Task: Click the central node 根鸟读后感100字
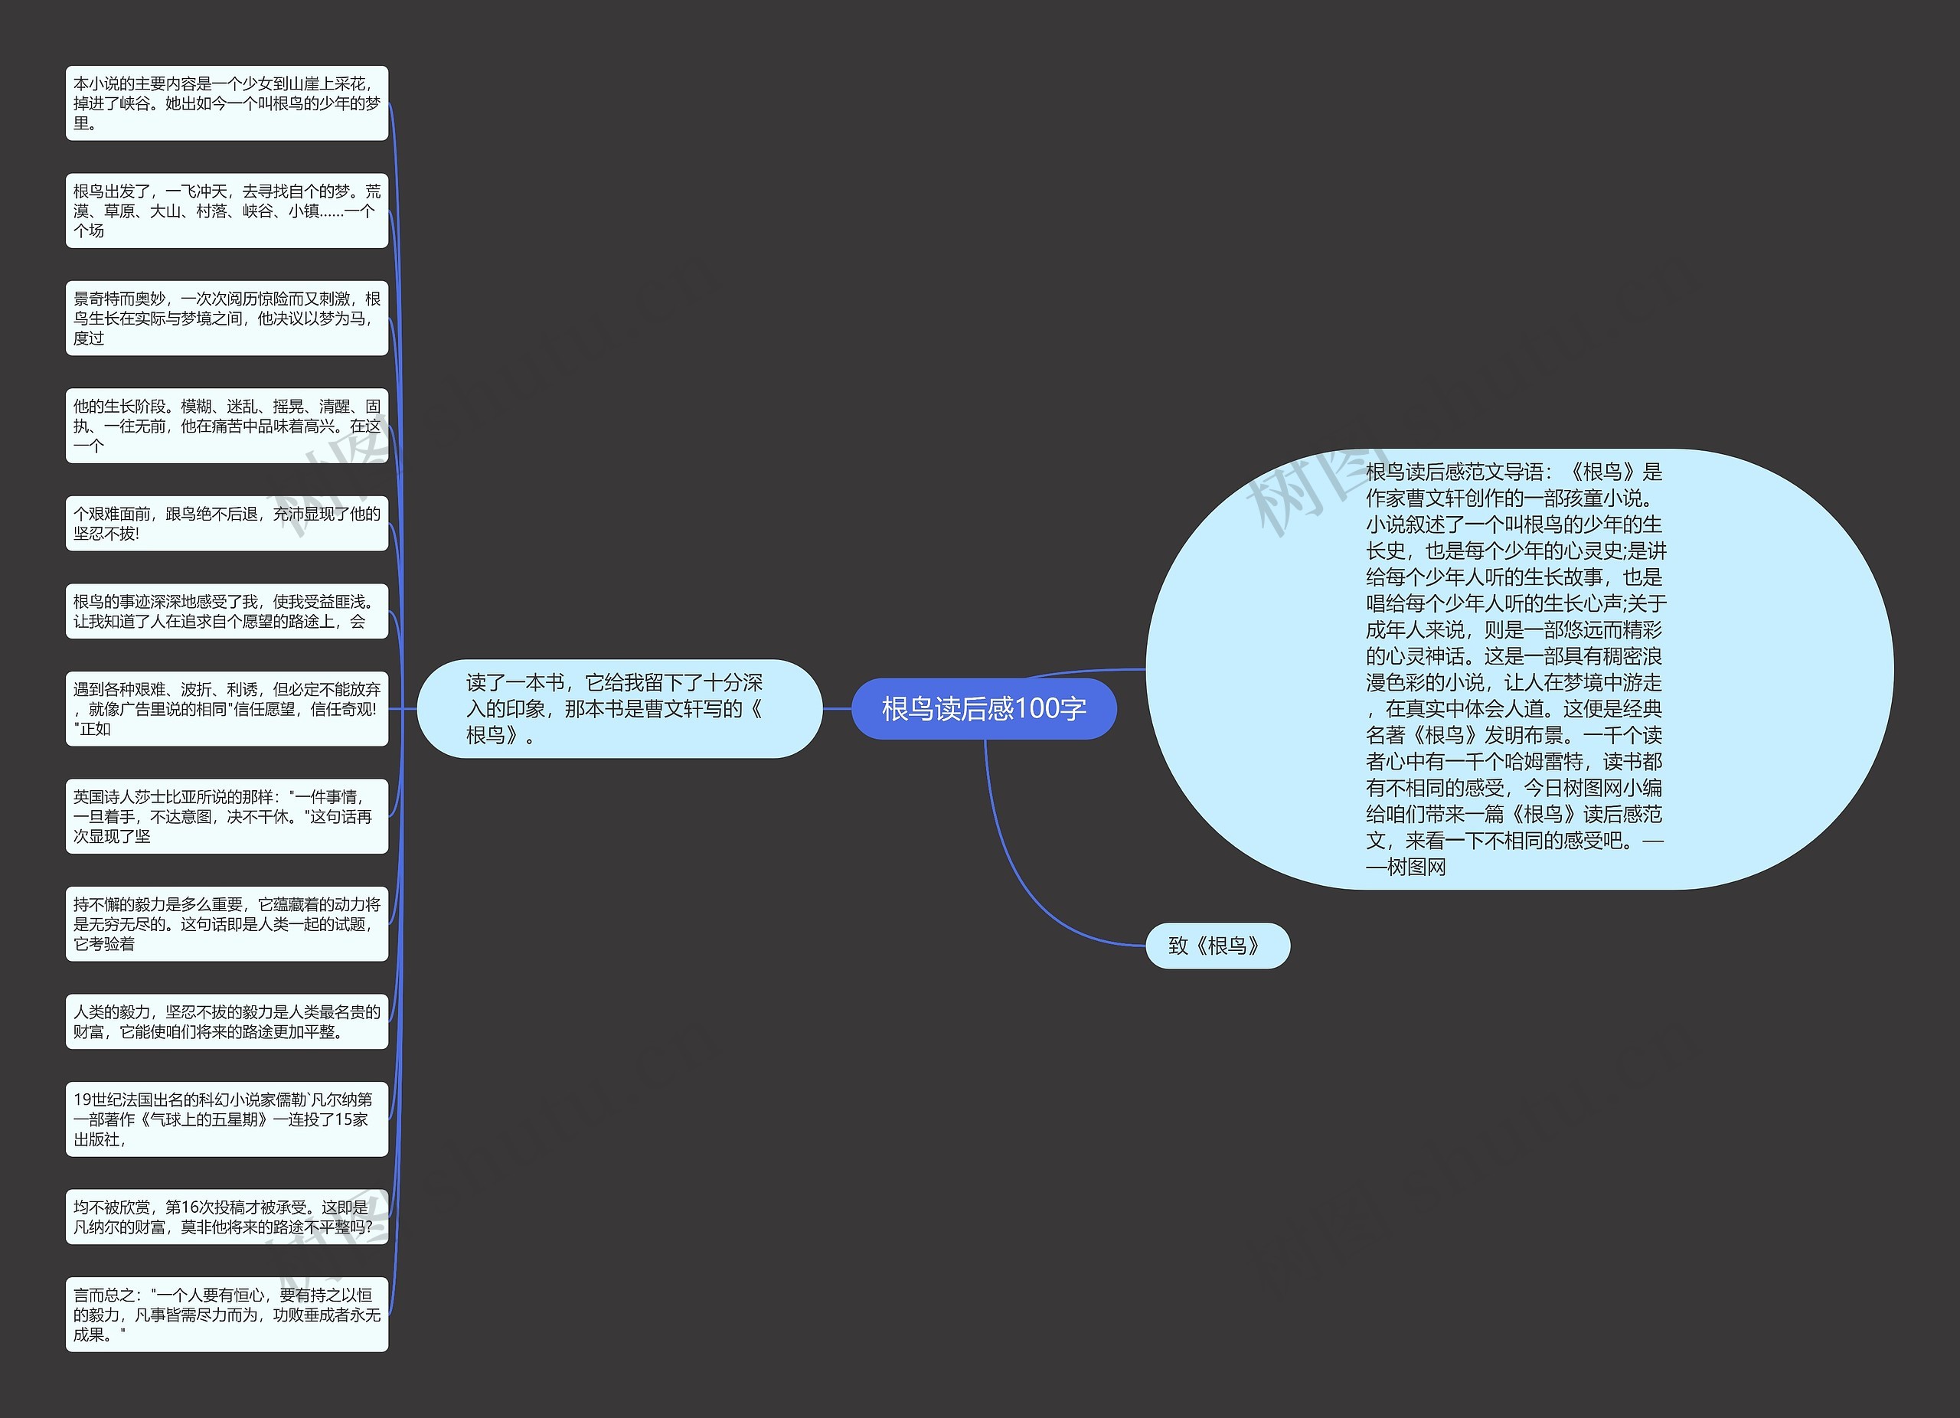click(984, 708)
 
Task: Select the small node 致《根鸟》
click(1217, 946)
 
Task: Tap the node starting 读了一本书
click(619, 708)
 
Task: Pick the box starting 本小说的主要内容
click(227, 103)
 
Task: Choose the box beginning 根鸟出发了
click(227, 210)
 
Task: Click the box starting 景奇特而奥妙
click(227, 318)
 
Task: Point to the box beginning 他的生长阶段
click(227, 425)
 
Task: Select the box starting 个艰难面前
click(227, 523)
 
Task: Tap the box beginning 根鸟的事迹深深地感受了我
click(227, 611)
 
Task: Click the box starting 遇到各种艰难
click(227, 708)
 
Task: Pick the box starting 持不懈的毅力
click(227, 923)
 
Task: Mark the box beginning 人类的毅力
click(227, 1021)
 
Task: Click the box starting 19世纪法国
click(227, 1119)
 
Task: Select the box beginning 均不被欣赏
click(227, 1217)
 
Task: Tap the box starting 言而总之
click(227, 1315)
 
